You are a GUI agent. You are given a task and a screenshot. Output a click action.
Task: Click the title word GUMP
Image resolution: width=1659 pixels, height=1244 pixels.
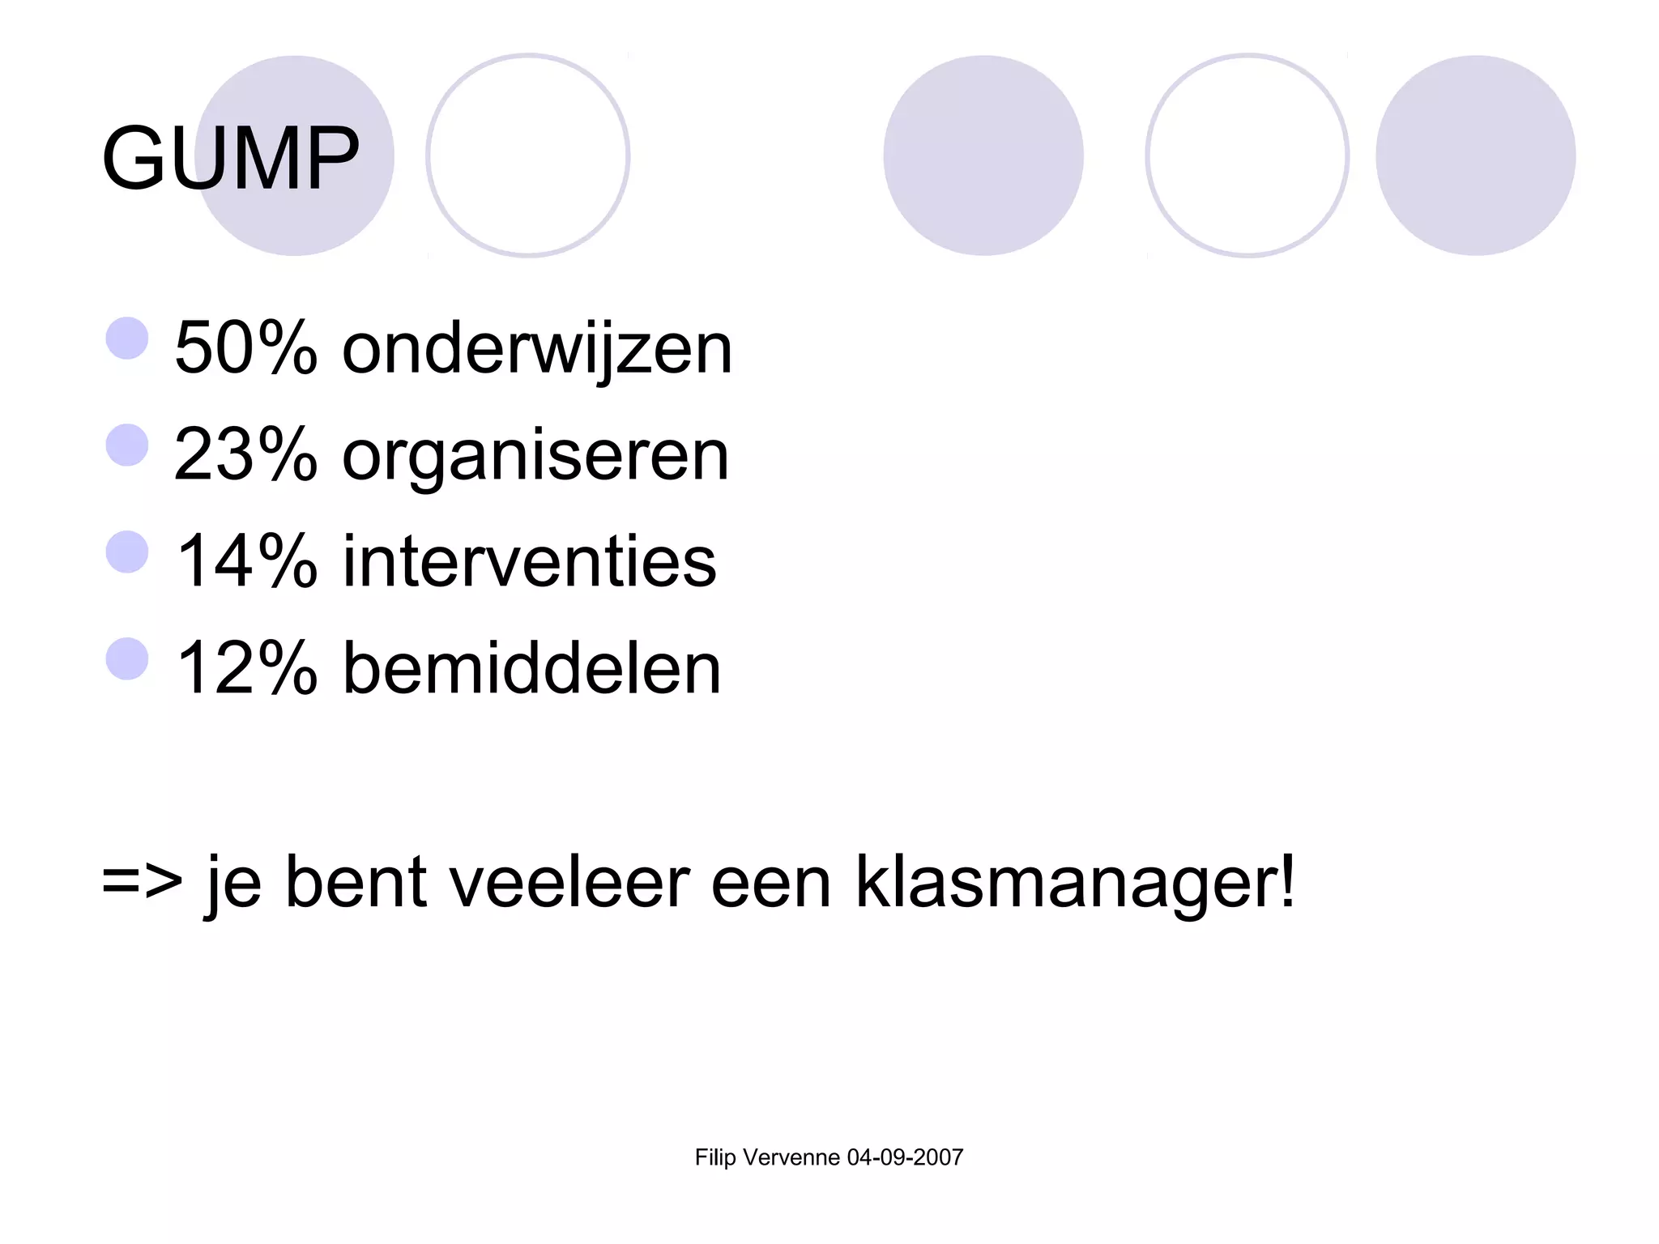[230, 158]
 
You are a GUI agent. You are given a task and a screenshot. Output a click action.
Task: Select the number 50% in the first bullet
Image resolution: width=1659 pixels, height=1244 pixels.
[245, 347]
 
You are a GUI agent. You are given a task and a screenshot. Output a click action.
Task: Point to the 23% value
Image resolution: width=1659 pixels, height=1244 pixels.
[245, 454]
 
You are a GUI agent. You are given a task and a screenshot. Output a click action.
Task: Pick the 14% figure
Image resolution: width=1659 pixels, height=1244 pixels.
[245, 561]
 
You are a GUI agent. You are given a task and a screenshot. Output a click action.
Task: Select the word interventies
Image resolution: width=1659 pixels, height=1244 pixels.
[530, 561]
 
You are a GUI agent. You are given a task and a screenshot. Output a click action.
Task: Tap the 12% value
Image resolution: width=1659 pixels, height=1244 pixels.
[245, 668]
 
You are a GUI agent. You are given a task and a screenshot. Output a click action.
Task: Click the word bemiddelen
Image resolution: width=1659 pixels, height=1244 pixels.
[531, 668]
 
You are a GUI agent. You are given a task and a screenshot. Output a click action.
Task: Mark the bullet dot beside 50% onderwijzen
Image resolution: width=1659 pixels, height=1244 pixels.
[127, 338]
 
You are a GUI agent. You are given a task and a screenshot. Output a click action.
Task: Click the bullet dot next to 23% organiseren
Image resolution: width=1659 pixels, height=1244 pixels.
[127, 445]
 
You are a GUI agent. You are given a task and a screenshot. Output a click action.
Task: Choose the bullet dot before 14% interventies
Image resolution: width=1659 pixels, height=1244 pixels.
[127, 552]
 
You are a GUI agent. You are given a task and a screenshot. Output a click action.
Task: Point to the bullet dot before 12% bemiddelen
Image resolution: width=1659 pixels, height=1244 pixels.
[127, 658]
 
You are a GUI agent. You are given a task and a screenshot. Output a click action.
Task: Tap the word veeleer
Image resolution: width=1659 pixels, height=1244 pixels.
[569, 882]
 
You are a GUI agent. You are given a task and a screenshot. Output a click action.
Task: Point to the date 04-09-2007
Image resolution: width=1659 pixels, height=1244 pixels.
[905, 1157]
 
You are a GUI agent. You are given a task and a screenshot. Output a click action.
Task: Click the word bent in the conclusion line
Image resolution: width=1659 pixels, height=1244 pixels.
[356, 882]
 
